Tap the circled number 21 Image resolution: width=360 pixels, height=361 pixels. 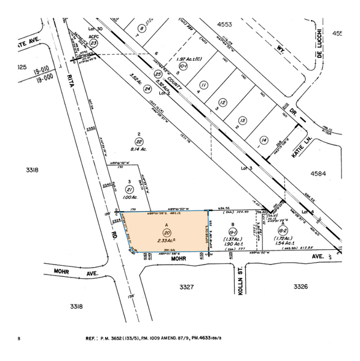point(129,190)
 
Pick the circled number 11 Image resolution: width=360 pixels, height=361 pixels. point(204,85)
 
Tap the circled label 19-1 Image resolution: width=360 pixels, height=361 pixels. point(233,233)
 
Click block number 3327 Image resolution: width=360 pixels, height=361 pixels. point(187,287)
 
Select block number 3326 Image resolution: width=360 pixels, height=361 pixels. point(300,286)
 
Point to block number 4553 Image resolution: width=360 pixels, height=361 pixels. point(225,25)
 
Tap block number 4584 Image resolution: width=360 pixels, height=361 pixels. point(318,174)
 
